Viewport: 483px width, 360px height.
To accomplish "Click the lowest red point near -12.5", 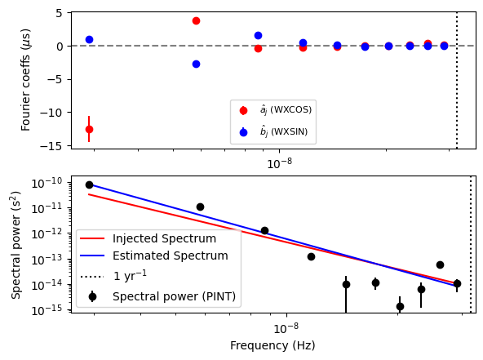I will click(89, 129).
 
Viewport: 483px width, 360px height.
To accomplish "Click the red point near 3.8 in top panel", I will click(196, 20).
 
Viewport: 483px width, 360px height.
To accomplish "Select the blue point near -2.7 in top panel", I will click(196, 64).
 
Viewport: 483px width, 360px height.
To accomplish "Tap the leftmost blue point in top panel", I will click(89, 39).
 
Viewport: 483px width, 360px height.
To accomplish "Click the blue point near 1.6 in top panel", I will click(258, 35).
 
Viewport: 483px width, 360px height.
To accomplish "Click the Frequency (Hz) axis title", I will click(273, 345).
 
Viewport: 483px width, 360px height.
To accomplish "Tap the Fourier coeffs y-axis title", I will click(26, 80).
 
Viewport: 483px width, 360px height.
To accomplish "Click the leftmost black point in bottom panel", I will click(89, 184).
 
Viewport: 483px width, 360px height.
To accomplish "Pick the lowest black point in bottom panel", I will click(400, 306).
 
